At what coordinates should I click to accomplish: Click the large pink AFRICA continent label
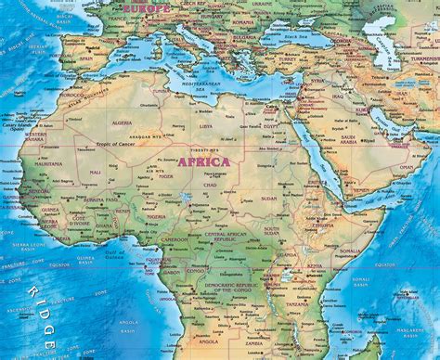coord(203,161)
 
